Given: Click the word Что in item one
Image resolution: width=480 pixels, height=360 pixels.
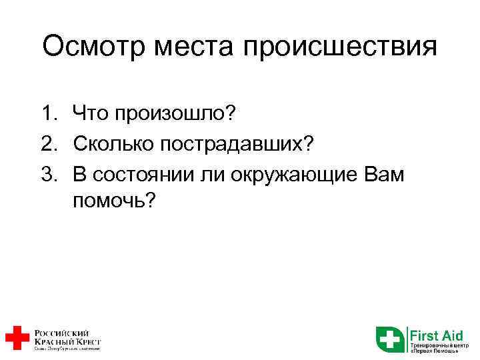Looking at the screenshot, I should coord(93,113).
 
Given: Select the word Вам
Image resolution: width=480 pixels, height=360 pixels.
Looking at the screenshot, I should coord(389,173).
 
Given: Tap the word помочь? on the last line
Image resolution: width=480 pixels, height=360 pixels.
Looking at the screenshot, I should coord(114,201).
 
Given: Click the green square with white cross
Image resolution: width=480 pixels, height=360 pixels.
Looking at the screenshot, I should coord(389,339).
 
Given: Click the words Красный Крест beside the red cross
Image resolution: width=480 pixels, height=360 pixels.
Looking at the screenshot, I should coord(67,340).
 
